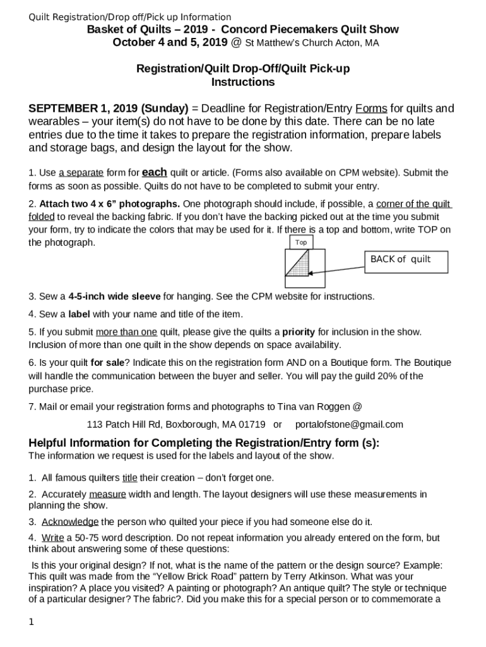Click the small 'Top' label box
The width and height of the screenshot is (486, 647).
coord(301,243)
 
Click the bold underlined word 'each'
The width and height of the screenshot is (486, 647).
coord(155,172)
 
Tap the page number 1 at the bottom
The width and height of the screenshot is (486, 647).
coord(31,622)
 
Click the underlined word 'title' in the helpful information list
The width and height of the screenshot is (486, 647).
coord(129,478)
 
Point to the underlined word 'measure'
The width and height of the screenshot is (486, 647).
coord(107,494)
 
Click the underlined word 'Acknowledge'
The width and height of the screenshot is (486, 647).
coord(70,522)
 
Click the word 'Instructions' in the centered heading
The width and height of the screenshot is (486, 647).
coord(243,82)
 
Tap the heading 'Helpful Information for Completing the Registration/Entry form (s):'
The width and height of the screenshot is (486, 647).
coord(204,443)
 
